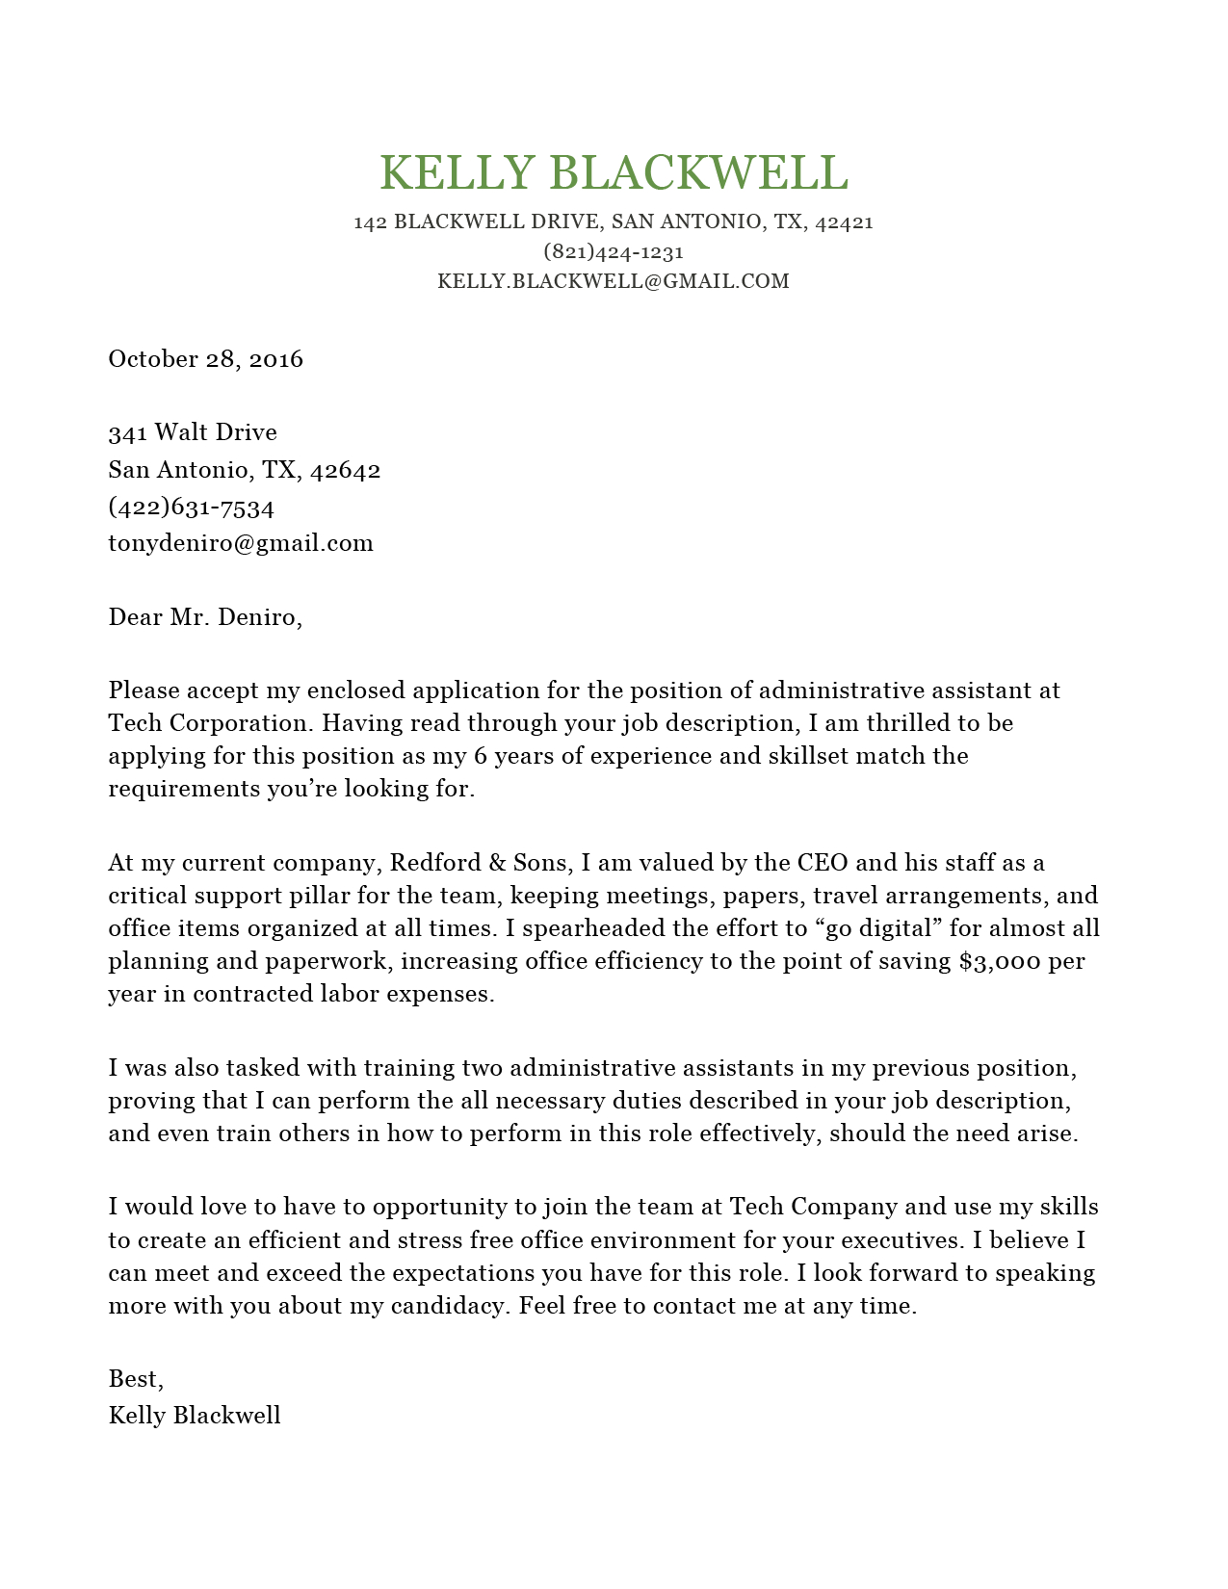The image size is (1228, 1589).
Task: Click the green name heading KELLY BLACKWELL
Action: click(614, 173)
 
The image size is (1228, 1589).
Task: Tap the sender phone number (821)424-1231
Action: click(614, 252)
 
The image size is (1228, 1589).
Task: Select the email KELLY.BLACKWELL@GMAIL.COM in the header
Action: click(614, 281)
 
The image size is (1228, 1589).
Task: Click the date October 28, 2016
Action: click(205, 359)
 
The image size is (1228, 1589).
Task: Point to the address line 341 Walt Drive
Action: click(193, 432)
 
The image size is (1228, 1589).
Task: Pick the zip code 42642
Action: click(346, 470)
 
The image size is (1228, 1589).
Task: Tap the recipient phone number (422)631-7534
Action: click(192, 507)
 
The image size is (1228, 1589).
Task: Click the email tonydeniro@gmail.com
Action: click(241, 543)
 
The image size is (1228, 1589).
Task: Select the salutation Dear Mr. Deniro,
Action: click(205, 617)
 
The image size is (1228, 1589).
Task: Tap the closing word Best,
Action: click(136, 1379)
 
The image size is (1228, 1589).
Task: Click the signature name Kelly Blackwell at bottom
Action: click(195, 1416)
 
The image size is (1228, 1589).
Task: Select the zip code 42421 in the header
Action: click(844, 222)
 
